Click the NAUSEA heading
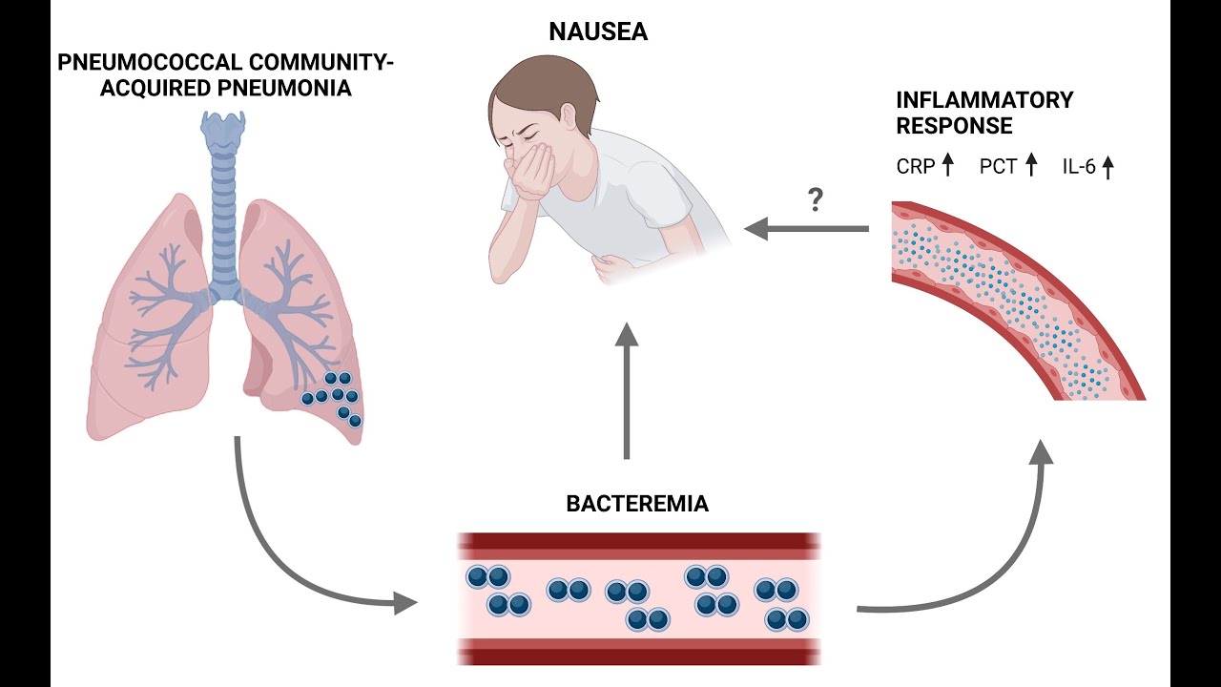coord(598,32)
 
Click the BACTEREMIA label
coord(637,504)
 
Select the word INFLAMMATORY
coord(984,100)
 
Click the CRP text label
coord(916,167)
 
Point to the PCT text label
coord(998,167)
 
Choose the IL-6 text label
coord(1080,167)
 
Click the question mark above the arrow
coord(815,200)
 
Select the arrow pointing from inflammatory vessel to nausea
coord(806,229)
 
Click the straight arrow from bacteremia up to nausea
coord(626,391)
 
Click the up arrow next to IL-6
coord(1107,167)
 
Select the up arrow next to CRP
coord(947,167)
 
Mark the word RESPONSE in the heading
coord(954,125)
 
